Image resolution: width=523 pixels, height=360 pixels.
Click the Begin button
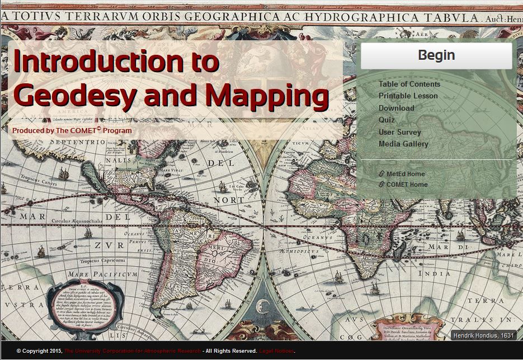436,55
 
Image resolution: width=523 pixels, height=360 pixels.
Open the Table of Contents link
409,84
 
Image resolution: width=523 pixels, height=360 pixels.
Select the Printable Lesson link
408,96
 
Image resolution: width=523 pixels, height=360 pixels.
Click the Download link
396,108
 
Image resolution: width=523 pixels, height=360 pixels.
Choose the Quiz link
387,120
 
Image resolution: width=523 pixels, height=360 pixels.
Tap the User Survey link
399,132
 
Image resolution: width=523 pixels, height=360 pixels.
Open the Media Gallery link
403,144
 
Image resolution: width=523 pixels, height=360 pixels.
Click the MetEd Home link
405,174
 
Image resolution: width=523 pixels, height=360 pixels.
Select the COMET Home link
407,184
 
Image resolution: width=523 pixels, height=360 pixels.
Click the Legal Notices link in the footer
276,351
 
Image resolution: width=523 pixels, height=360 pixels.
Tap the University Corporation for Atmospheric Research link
132,351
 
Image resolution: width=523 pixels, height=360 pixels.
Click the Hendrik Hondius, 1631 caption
483,335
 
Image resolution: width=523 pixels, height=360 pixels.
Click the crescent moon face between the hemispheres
261,306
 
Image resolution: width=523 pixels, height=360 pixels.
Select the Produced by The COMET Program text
72,130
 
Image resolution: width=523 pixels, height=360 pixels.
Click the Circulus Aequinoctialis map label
77,221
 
